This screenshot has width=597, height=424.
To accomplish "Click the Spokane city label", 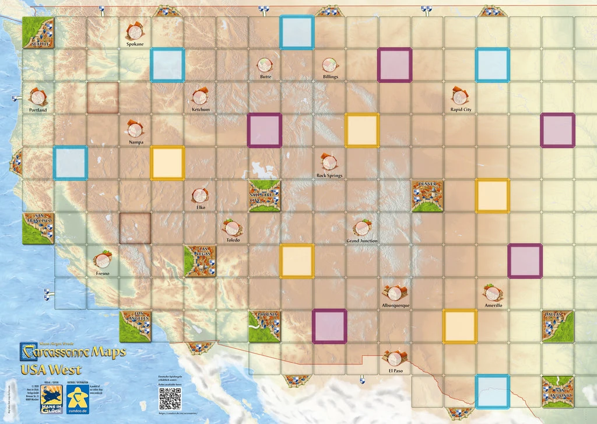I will (135, 44).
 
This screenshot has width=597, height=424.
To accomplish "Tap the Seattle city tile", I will (38, 32).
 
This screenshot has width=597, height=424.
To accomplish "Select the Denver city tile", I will (427, 196).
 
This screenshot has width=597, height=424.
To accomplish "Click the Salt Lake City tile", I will (264, 196).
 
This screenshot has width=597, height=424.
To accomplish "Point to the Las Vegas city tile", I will (200, 260).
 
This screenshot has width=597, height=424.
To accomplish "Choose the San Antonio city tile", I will (557, 391).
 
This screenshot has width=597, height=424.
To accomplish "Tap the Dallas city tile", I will (557, 326).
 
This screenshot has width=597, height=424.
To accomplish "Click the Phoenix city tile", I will (264, 326).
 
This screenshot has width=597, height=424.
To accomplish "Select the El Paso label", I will (395, 370).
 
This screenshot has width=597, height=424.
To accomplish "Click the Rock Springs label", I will (329, 175).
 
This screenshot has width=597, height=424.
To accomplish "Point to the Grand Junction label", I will (362, 241).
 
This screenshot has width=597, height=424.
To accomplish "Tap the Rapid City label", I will (461, 110).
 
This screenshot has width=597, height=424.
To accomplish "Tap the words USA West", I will (51, 369).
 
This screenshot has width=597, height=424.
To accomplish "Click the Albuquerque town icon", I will (395, 292).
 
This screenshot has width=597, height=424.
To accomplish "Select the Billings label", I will (330, 77).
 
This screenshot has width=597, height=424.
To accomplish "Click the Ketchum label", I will (201, 109).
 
